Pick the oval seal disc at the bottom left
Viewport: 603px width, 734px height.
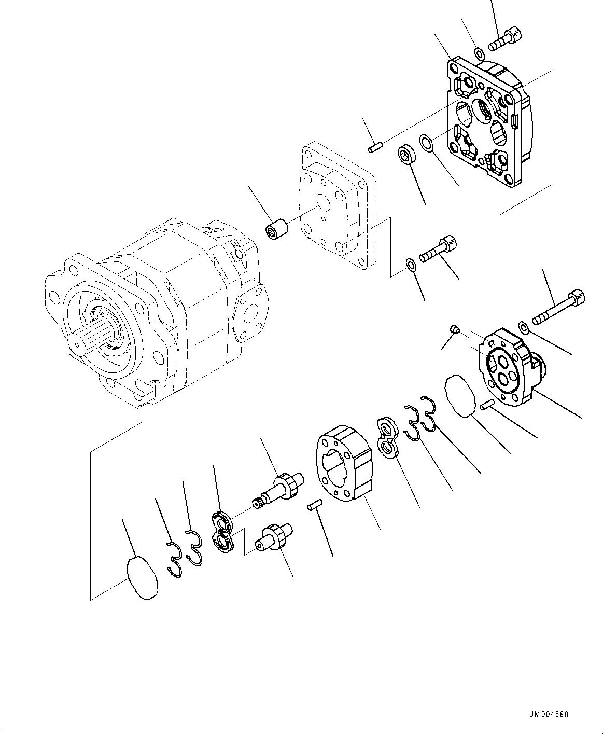click(x=142, y=578)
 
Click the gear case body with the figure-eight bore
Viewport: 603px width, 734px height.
click(x=342, y=464)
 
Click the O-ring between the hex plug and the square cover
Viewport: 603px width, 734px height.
click(x=426, y=141)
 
